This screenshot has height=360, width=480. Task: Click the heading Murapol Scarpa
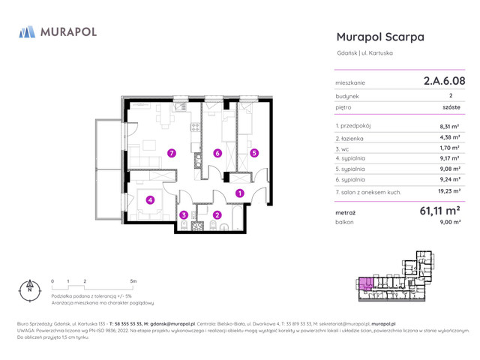[380, 36]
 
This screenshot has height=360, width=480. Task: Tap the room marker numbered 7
[172, 153]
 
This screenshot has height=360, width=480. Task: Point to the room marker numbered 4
[150, 200]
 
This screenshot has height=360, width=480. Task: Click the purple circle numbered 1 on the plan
[239, 193]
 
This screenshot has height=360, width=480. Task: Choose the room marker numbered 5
[254, 153]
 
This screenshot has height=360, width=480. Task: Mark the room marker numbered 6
[217, 153]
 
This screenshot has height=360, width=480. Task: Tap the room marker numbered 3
[184, 215]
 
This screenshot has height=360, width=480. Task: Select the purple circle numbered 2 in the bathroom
[217, 215]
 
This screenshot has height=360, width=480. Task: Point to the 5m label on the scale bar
[133, 280]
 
